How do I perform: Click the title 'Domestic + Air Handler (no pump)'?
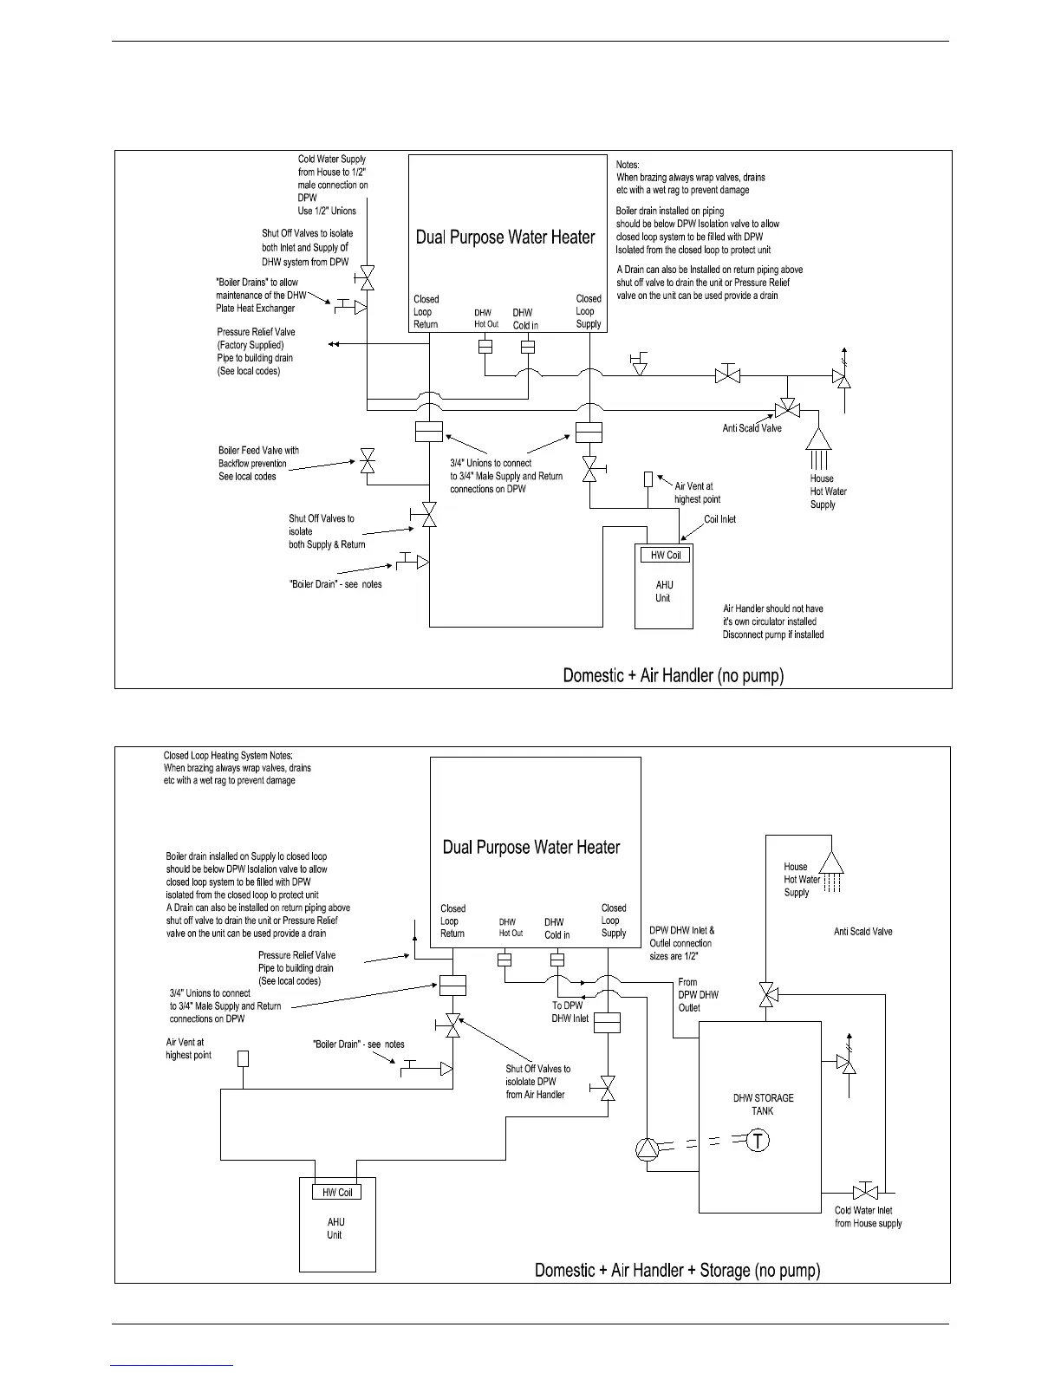point(674,675)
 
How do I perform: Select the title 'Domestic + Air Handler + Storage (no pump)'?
point(677,1271)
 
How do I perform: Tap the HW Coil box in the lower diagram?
point(337,1192)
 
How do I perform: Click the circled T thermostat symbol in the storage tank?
point(758,1141)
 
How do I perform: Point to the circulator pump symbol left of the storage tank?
point(648,1149)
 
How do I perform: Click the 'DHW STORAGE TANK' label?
point(763,1104)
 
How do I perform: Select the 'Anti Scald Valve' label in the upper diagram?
point(752,428)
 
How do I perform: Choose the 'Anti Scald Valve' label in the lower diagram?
point(862,932)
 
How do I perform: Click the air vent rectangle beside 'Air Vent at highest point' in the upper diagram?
point(648,479)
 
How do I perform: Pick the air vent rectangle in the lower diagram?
point(244,1058)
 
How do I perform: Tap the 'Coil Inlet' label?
point(719,519)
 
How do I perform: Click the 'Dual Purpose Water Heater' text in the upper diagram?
point(505,238)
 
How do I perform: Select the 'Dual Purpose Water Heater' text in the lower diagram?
point(531,847)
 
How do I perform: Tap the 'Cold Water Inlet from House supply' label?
point(868,1217)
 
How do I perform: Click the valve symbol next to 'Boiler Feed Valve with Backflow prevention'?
point(368,460)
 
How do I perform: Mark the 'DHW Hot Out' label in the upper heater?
point(485,318)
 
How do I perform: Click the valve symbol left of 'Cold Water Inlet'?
point(863,1190)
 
